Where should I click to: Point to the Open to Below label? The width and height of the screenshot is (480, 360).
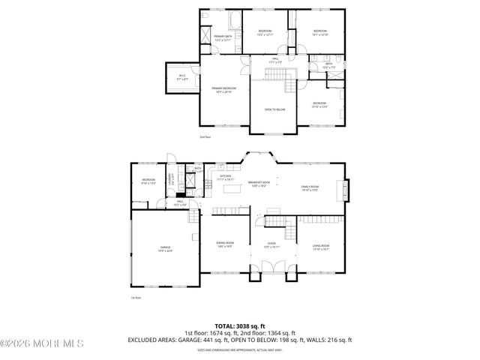[x=274, y=109]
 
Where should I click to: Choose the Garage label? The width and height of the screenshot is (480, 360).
[x=165, y=249]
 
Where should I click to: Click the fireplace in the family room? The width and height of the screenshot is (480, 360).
[x=346, y=190]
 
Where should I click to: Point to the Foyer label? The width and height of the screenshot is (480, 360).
[x=271, y=244]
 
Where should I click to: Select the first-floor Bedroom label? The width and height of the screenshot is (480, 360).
[x=148, y=181]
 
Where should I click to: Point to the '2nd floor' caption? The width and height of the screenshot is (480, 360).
[x=205, y=137]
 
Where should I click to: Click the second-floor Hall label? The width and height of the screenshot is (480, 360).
[x=275, y=59]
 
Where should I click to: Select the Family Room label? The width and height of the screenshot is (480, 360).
[x=310, y=187]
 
